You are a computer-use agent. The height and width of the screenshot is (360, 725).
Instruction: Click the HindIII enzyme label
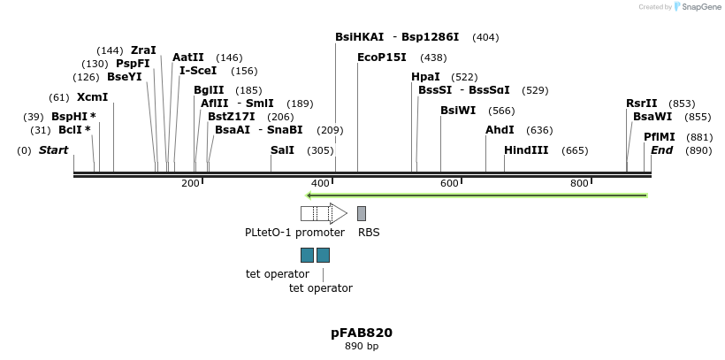tap(526, 150)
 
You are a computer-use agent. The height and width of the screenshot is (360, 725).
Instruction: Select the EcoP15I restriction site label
tap(382, 57)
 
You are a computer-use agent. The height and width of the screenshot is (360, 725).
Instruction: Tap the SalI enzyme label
tap(282, 150)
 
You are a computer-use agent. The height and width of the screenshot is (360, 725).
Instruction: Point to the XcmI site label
tap(92, 97)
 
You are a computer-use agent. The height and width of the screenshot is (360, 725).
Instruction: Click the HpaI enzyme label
tap(425, 78)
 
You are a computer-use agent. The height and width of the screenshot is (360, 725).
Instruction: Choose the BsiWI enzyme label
tap(458, 111)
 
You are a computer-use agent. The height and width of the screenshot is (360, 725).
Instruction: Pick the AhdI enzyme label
tap(500, 130)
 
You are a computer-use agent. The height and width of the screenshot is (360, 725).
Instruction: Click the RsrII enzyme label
tap(642, 103)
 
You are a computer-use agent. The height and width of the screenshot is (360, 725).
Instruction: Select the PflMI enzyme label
tap(660, 137)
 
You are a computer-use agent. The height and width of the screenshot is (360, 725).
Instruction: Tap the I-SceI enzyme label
tap(198, 71)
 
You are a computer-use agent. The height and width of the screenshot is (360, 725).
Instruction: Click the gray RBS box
tap(362, 213)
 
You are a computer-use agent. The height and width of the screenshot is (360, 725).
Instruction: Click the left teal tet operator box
tap(307, 256)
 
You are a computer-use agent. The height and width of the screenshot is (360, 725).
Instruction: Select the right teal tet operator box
tap(324, 256)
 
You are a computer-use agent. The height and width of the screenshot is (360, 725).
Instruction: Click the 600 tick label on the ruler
tap(449, 183)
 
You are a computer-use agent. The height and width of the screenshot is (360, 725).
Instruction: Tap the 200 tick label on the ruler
tap(190, 183)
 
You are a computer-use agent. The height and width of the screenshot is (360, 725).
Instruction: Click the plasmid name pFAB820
tap(362, 333)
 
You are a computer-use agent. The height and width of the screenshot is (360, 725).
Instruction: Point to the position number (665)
tap(575, 150)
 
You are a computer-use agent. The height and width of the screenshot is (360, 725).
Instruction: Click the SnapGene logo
tap(697, 7)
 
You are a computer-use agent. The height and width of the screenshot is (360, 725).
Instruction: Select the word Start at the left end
tap(53, 150)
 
